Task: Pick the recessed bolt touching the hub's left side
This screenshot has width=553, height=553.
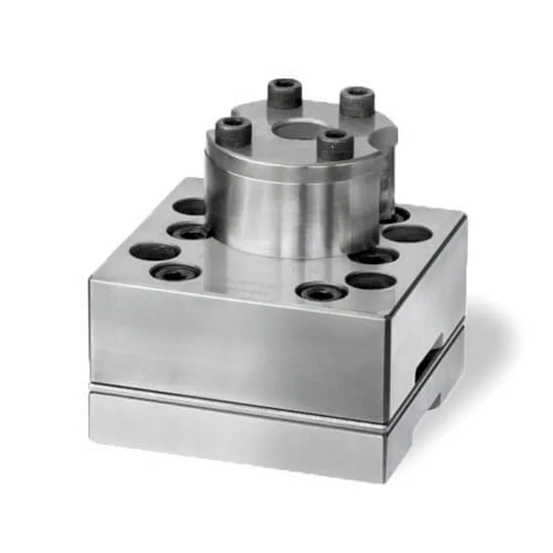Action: (188, 231)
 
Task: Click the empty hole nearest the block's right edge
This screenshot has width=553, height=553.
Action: (408, 234)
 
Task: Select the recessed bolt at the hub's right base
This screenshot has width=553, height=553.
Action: (374, 256)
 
